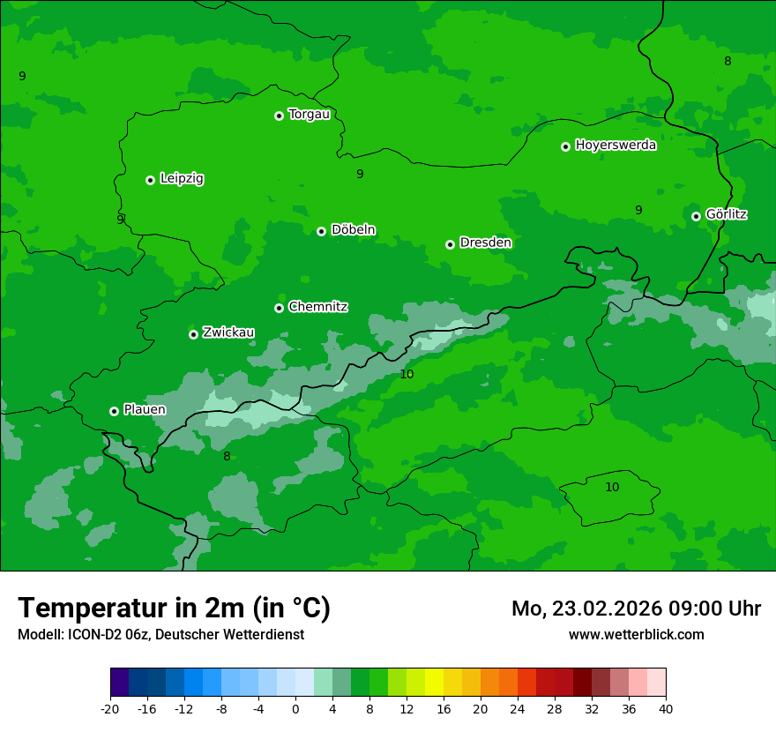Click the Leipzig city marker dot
click(150, 180)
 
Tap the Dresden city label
click(485, 243)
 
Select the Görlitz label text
click(726, 214)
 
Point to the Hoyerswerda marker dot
click(565, 146)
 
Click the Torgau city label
click(309, 115)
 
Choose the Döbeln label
click(353, 230)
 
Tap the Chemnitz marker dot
click(279, 308)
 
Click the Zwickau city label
click(228, 332)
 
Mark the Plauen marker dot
click(114, 411)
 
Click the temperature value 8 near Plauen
click(227, 456)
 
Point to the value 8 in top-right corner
click(727, 61)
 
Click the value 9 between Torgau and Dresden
click(360, 174)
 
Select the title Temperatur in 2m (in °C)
click(174, 608)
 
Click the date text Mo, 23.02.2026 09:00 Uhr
click(636, 609)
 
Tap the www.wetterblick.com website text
click(636, 634)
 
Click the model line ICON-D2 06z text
click(160, 634)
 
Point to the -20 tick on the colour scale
click(110, 708)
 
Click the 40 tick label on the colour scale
click(665, 708)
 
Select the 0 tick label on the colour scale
click(295, 708)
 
